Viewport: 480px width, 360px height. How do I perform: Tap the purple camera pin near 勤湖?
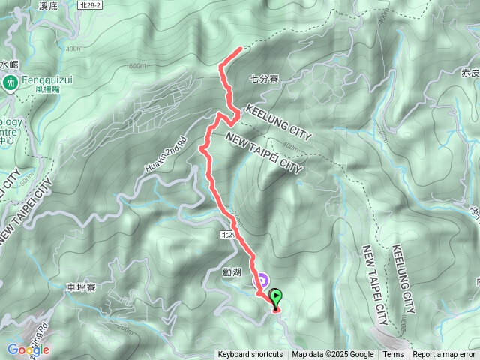(x=262, y=281)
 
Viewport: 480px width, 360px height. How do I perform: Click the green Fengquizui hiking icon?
(x=11, y=81)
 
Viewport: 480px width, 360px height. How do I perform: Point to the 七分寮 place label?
(x=264, y=77)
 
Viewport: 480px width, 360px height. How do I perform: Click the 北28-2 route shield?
(x=91, y=4)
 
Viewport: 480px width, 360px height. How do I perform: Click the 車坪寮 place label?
(x=79, y=286)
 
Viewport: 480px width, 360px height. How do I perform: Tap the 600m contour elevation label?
(x=136, y=66)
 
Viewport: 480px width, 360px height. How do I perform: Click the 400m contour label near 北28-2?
(x=74, y=49)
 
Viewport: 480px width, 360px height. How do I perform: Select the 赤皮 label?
(x=470, y=73)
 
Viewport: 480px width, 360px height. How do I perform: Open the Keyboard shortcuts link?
(x=250, y=355)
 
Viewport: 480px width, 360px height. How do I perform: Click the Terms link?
(x=393, y=355)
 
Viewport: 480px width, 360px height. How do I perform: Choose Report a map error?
(x=444, y=355)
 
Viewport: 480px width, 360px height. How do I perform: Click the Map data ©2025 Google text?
(x=333, y=355)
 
